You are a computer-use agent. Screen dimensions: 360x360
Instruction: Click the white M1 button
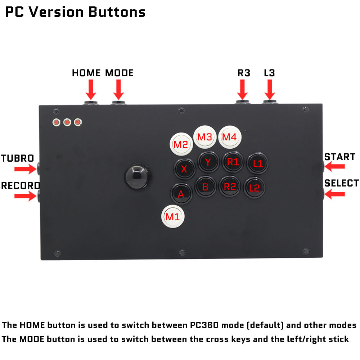point(172,217)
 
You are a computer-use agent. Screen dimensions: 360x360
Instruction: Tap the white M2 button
point(181,144)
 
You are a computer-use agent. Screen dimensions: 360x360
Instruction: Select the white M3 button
point(205,137)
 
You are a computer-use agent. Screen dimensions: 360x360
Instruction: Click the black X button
point(184,169)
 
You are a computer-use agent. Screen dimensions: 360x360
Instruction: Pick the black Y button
point(208,162)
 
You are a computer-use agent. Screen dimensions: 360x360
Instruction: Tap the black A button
point(181,194)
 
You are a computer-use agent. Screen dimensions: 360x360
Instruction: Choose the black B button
point(205,187)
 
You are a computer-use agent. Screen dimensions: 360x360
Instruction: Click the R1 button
point(233,162)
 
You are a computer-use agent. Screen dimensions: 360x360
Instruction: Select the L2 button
point(255,188)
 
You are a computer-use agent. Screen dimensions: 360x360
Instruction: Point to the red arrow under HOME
point(91,89)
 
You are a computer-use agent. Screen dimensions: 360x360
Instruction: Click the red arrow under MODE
point(118,89)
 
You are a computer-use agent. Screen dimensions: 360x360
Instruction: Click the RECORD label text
point(20,186)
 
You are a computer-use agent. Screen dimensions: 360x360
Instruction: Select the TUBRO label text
point(17,158)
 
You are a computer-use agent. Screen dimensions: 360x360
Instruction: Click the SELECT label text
point(341,183)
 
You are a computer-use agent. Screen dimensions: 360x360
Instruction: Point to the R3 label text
point(244,73)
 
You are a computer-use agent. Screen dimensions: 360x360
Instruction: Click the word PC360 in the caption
point(204,325)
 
